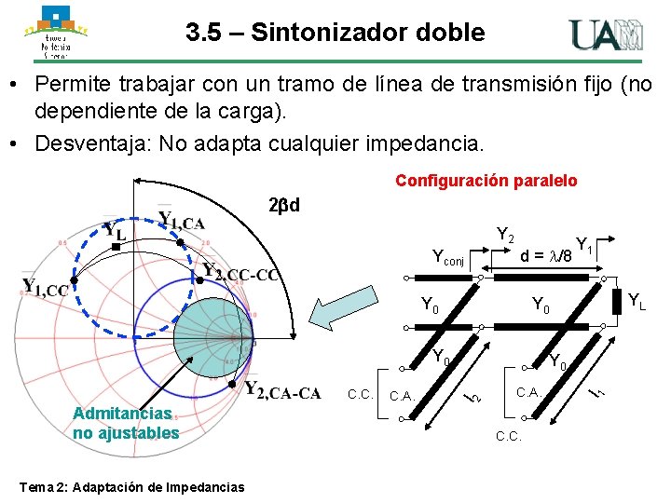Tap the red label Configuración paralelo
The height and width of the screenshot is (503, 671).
pyautogui.click(x=486, y=181)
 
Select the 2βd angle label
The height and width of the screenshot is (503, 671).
pyautogui.click(x=281, y=204)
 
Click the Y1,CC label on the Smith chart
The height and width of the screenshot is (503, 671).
pyautogui.click(x=44, y=288)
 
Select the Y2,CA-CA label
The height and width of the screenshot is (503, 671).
pyautogui.click(x=281, y=390)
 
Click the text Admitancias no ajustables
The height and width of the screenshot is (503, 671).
pyautogui.click(x=125, y=422)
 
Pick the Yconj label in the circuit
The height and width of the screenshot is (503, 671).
pyautogui.click(x=453, y=257)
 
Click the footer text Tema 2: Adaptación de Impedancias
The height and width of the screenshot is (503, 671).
pyautogui.click(x=130, y=487)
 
